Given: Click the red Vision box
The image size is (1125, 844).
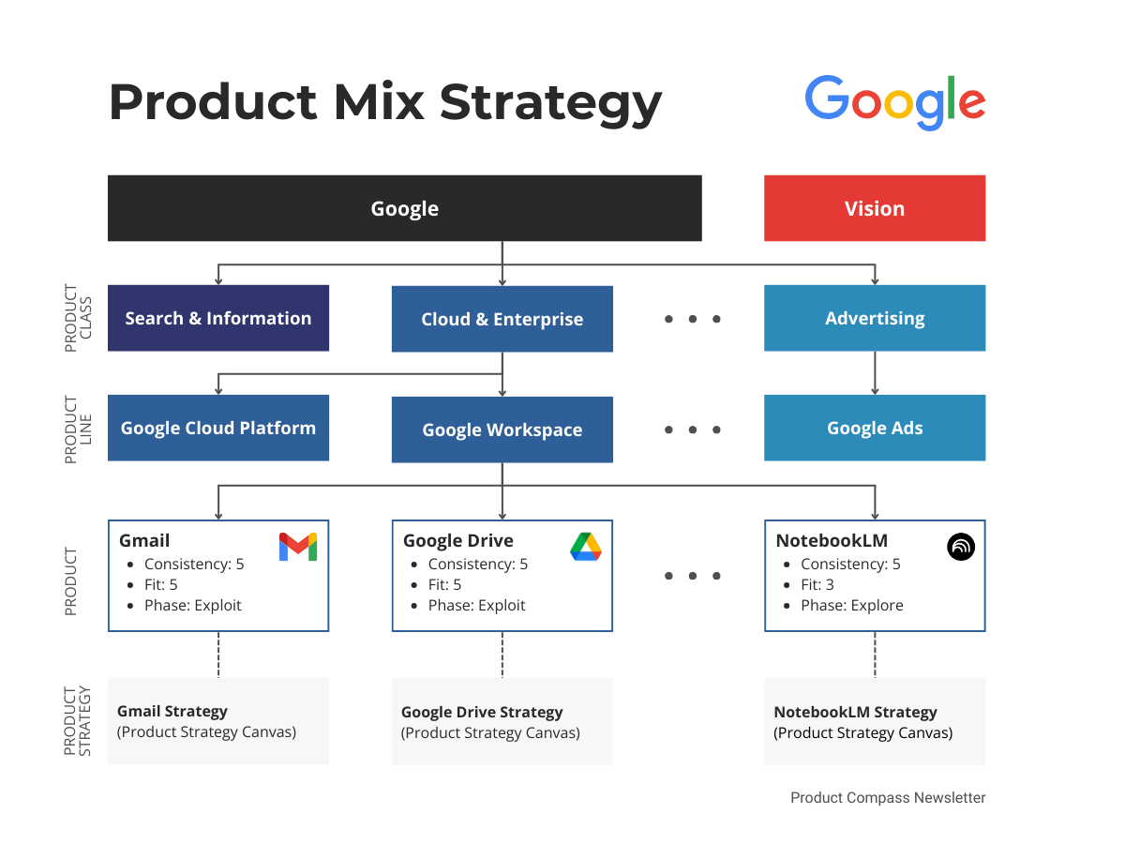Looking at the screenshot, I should [x=875, y=208].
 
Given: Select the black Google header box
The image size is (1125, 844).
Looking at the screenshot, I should [x=404, y=208].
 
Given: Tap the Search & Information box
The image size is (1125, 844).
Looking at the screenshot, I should [x=218, y=318].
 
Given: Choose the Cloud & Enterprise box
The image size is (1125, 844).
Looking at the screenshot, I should [x=502, y=319].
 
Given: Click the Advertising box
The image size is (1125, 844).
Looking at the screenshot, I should [x=875, y=318].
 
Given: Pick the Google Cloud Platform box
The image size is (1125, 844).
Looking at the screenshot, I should [x=218, y=428].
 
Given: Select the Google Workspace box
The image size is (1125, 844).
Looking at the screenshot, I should [x=502, y=430].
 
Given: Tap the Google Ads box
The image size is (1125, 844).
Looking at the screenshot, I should [x=875, y=428].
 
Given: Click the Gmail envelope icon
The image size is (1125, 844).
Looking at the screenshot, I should [x=298, y=547].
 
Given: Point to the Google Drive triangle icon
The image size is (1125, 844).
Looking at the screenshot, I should [x=586, y=547].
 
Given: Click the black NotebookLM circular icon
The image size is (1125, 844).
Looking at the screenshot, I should [x=961, y=546].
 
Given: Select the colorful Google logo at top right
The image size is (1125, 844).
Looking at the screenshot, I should [x=894, y=101].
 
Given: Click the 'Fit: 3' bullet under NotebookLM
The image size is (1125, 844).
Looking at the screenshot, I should [x=817, y=584].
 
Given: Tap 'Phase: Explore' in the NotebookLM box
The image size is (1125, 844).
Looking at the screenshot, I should [x=851, y=605].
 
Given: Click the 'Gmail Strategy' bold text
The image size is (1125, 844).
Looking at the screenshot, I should [x=172, y=711].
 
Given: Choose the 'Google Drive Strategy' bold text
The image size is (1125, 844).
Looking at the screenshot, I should [x=482, y=712].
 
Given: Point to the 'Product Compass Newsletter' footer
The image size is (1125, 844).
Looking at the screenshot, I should [x=888, y=797].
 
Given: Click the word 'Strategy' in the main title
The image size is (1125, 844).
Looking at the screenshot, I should [x=551, y=101].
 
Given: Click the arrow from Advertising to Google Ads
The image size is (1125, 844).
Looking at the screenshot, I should [x=875, y=373].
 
